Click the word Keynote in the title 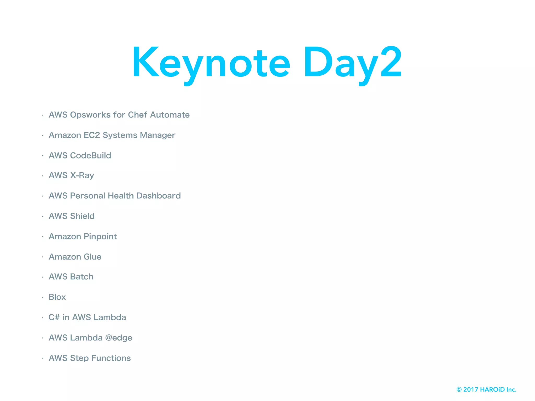click(x=211, y=63)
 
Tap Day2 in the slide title click(x=352, y=63)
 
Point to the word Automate click(x=170, y=115)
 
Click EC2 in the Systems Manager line click(x=92, y=135)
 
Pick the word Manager click(x=158, y=135)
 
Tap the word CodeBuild click(x=91, y=155)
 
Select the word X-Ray click(x=82, y=175)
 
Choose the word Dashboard click(x=159, y=196)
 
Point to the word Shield click(x=82, y=216)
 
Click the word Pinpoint click(x=100, y=237)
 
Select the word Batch click(x=82, y=277)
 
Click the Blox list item click(x=57, y=297)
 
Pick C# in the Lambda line click(x=54, y=317)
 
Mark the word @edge click(x=119, y=338)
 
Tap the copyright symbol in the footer click(x=459, y=390)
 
